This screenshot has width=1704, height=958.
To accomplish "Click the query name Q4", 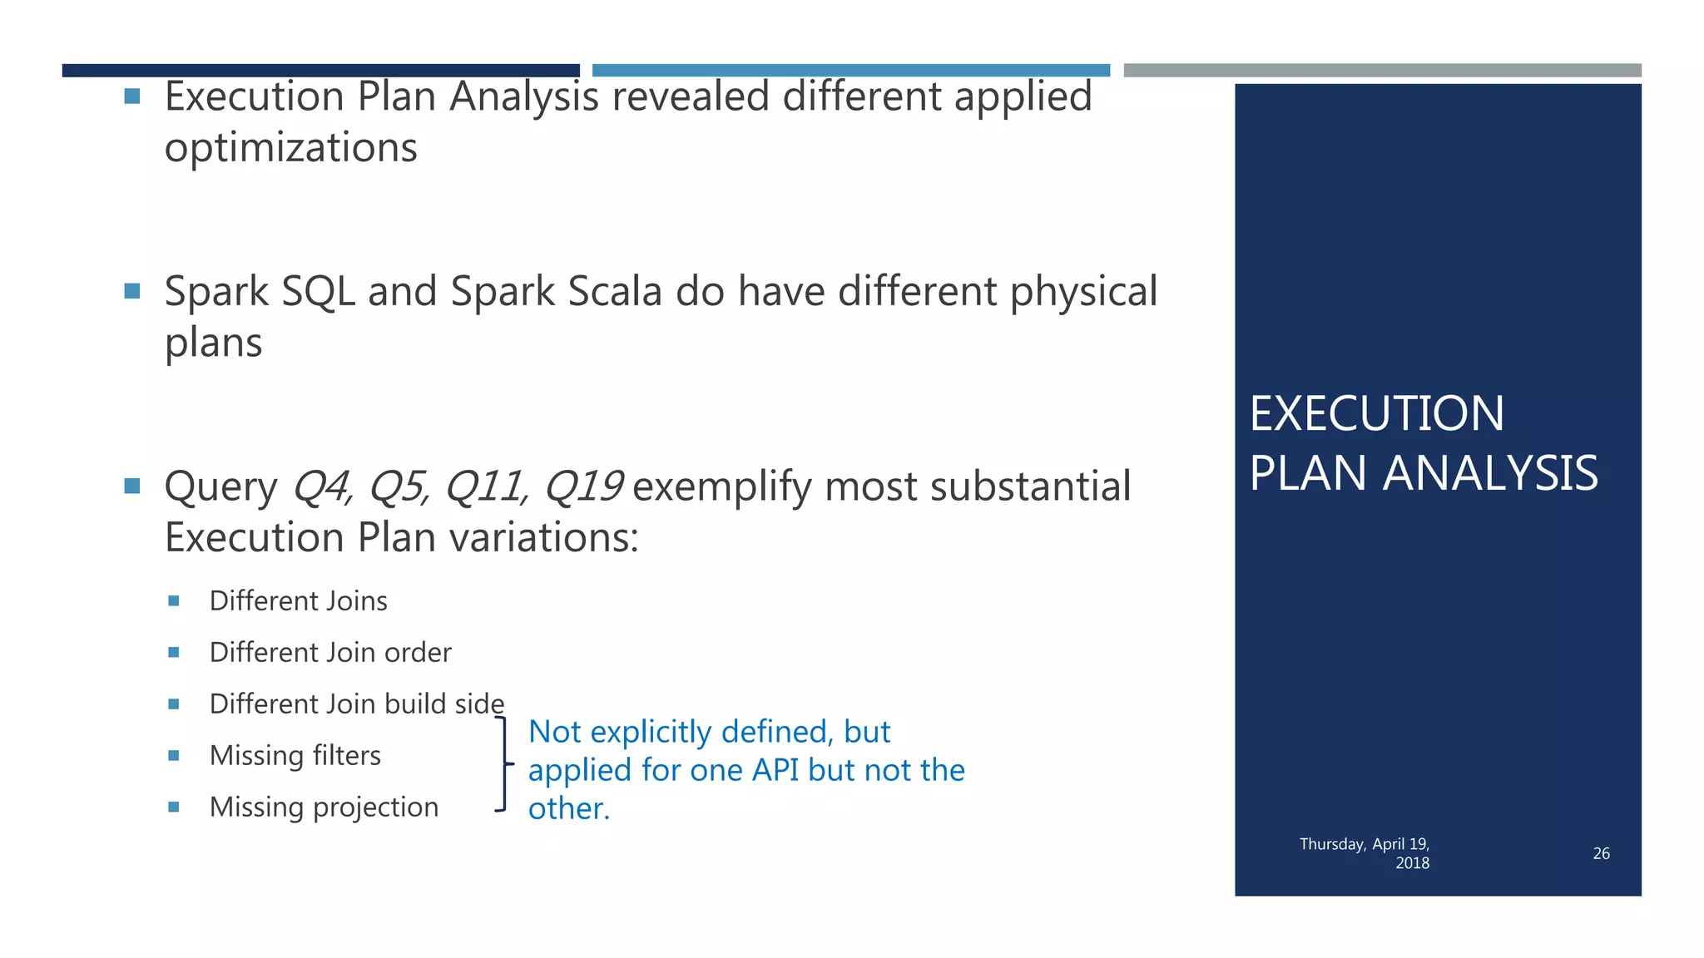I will pos(321,487).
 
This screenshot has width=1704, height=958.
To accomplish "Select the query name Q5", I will pos(397,487).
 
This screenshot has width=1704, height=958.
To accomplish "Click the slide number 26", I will pos(1601,853).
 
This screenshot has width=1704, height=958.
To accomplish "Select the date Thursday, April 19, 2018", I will pos(1365,853).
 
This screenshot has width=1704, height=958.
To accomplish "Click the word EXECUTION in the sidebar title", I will pos(1376,414).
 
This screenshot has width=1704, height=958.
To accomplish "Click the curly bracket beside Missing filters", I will pos(503,763).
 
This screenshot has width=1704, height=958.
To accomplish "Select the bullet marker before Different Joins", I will pos(173,601).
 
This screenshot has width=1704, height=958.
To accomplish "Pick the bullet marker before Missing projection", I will pos(173,807).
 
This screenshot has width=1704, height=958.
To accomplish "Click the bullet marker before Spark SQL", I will pos(131,291).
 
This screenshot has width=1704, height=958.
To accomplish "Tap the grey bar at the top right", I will pos(1382,71).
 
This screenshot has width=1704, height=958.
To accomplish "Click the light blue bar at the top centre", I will pos(850,71).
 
